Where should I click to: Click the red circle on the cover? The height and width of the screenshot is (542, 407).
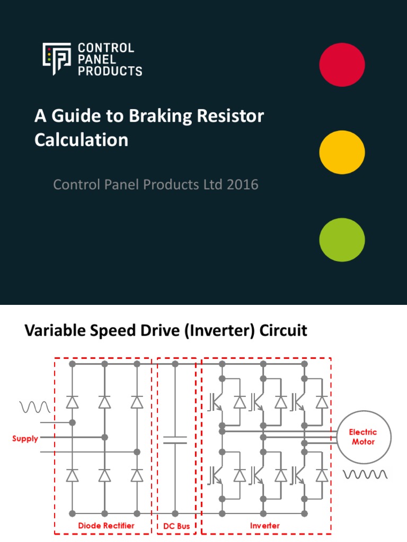pyautogui.click(x=342, y=65)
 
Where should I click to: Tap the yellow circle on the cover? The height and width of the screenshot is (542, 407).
pyautogui.click(x=342, y=152)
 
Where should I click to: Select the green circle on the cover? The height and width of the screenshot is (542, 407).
pyautogui.click(x=342, y=240)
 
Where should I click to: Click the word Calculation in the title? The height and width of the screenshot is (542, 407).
pyautogui.click(x=81, y=140)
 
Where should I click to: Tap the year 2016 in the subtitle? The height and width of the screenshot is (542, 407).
pyautogui.click(x=241, y=185)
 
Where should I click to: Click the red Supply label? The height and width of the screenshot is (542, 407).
pyautogui.click(x=25, y=439)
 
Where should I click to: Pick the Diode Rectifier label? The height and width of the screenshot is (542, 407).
pyautogui.click(x=106, y=526)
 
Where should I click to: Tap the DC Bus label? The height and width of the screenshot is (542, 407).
pyautogui.click(x=176, y=526)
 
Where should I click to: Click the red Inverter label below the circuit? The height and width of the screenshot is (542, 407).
pyautogui.click(x=265, y=526)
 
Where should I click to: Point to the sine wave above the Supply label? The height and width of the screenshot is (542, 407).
pyautogui.click(x=35, y=406)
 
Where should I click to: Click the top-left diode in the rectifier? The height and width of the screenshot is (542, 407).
pyautogui.click(x=72, y=403)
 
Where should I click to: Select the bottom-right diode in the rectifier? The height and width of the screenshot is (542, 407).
pyautogui.click(x=137, y=475)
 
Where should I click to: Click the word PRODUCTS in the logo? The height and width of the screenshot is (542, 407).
pyautogui.click(x=110, y=70)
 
